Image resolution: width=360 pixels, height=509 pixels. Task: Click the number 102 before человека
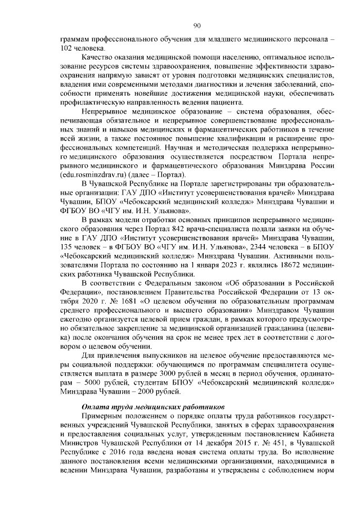click(68, 49)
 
